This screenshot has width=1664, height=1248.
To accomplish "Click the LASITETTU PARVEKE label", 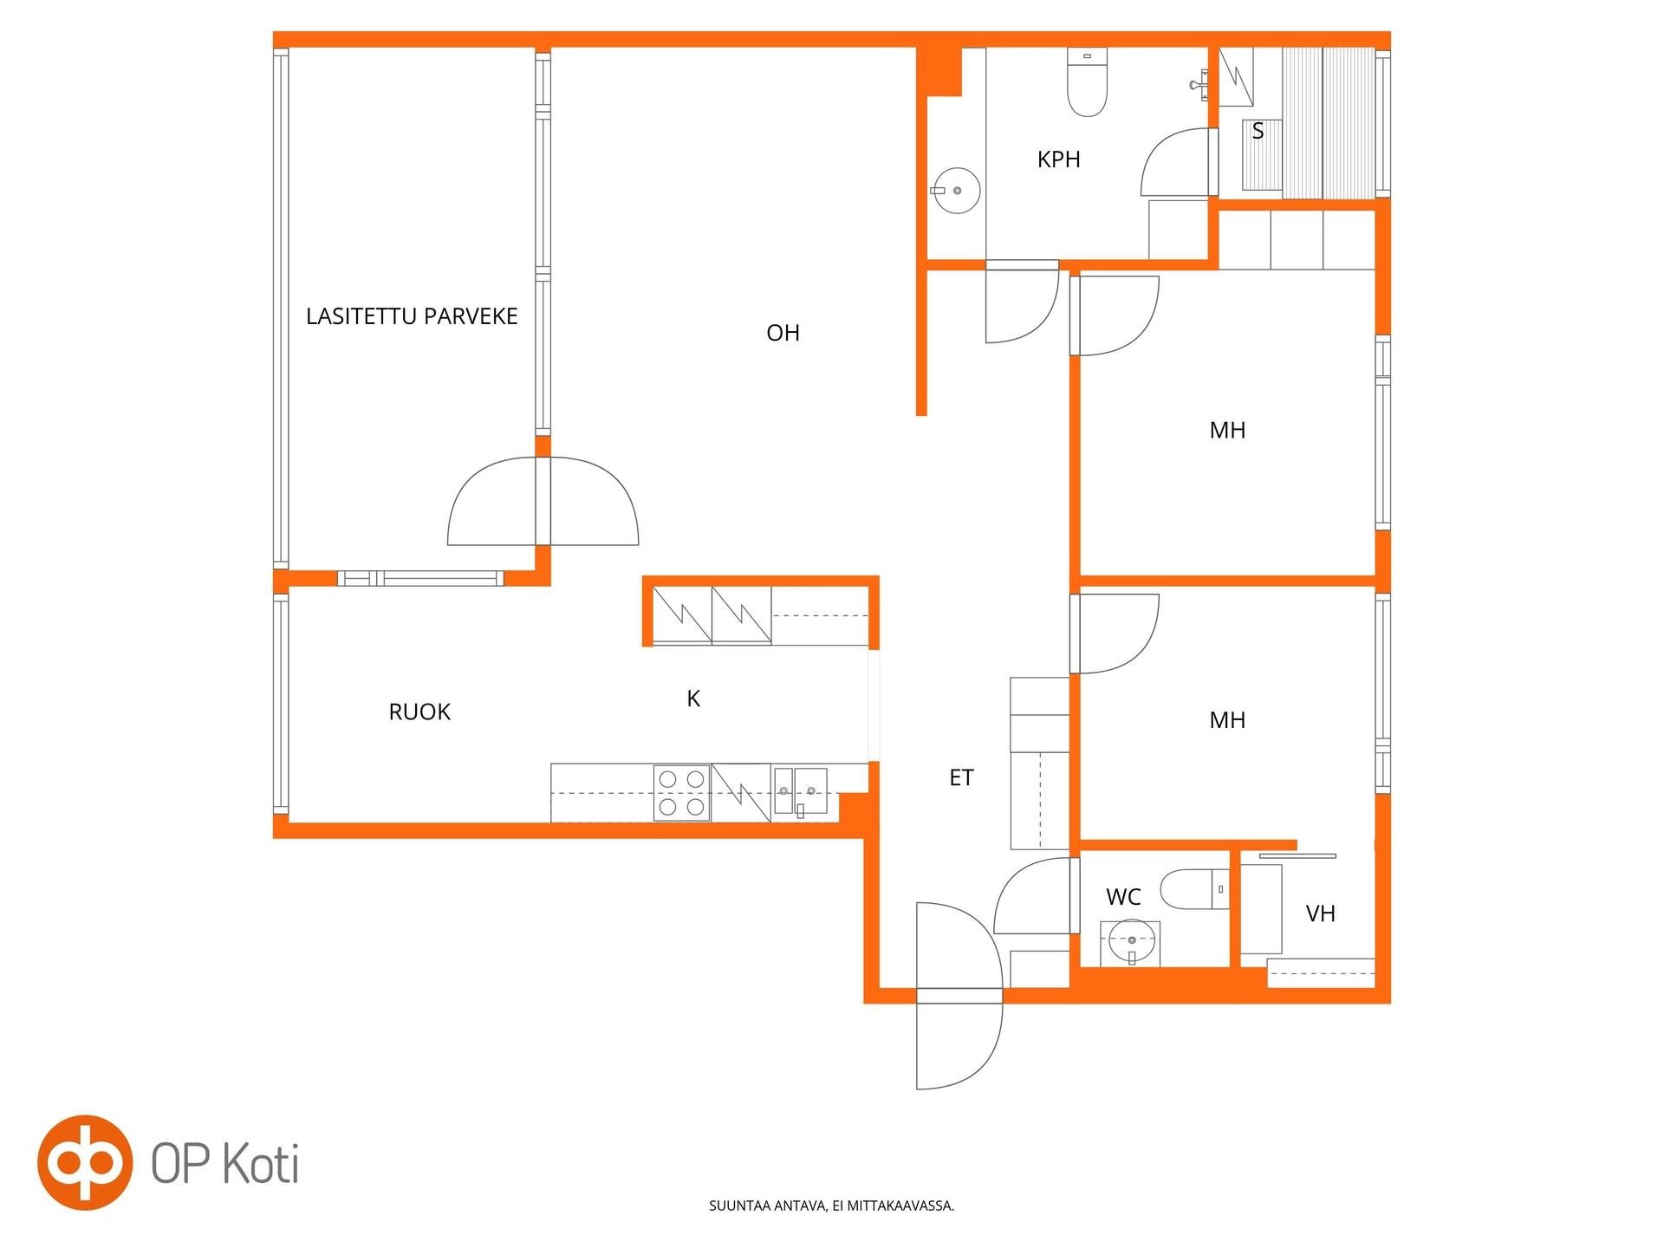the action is [412, 316].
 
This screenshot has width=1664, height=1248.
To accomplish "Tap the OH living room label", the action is [783, 333].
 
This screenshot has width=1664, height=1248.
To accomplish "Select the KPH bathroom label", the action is [1058, 159].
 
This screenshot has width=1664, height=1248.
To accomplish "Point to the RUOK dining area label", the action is [419, 712].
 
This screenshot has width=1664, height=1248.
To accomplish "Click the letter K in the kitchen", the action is [693, 699].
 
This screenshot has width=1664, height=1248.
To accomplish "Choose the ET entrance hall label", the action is [961, 777].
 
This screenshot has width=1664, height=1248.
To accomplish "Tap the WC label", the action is [1123, 897].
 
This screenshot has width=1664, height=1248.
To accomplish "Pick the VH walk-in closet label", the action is [1320, 913].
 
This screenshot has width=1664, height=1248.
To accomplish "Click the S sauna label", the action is [1258, 131].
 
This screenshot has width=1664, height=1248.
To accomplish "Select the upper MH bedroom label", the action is [1227, 430].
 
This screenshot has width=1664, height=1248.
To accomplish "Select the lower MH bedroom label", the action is [1227, 719].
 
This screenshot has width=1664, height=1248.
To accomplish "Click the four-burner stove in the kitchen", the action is [681, 792].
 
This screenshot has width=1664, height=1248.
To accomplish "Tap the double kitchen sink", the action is [800, 791].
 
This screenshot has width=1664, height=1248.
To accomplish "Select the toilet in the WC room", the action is [1194, 889].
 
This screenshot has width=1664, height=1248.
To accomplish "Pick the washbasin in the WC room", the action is [1130, 942].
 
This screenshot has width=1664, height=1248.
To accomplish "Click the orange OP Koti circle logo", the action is [85, 1163].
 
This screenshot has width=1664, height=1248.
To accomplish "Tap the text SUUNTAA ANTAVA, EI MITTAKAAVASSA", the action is [831, 1206].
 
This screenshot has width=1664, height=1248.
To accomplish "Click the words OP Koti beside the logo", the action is [225, 1163].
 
